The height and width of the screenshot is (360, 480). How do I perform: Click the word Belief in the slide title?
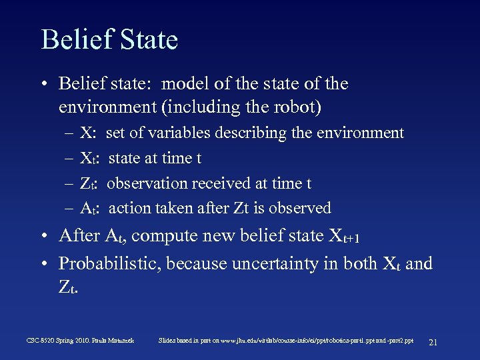[x=74, y=39]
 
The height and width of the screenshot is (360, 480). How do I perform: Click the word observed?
[x=302, y=209]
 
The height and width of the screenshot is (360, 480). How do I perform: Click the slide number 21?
[x=433, y=341]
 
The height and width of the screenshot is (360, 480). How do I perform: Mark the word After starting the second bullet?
[x=78, y=237]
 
